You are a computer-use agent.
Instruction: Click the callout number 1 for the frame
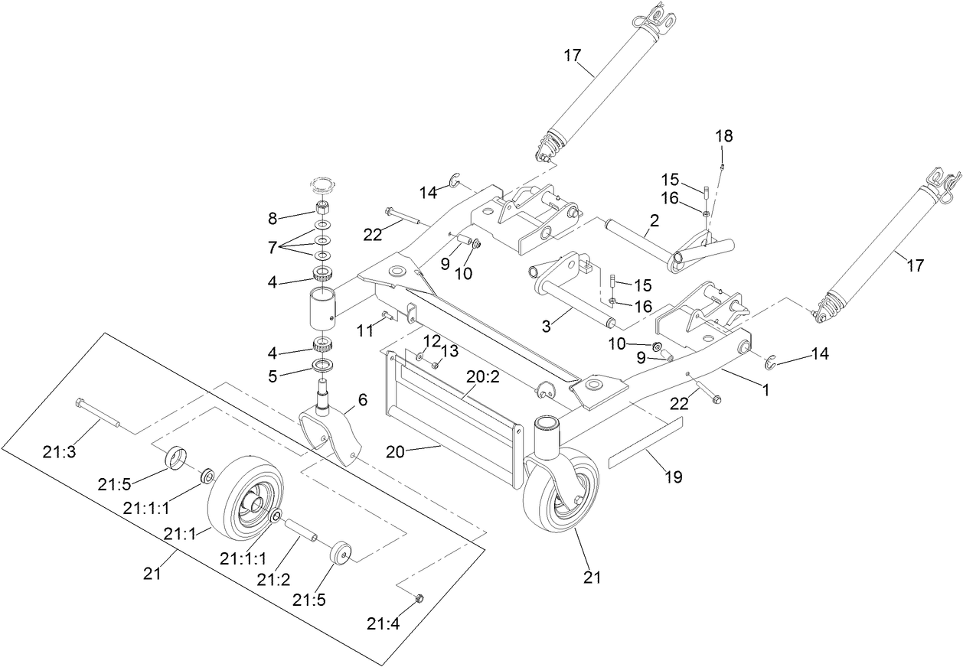pyautogui.click(x=764, y=389)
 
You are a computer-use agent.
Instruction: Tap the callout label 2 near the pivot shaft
pyautogui.click(x=654, y=223)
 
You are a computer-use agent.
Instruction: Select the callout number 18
pyautogui.click(x=723, y=136)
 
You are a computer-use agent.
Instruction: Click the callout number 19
pyautogui.click(x=673, y=477)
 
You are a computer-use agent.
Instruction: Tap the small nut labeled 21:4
pyautogui.click(x=419, y=597)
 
